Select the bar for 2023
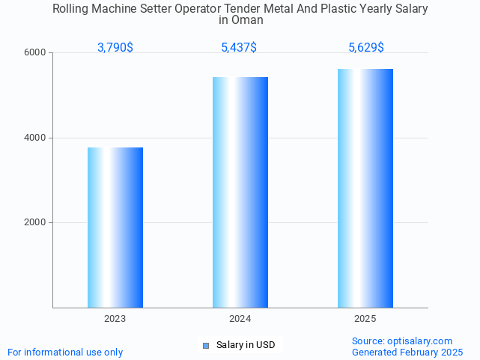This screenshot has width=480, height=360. pyautogui.click(x=115, y=228)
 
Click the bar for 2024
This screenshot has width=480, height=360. pyautogui.click(x=240, y=192)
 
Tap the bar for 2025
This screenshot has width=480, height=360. pyautogui.click(x=365, y=188)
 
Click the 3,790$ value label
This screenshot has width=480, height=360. pyautogui.click(x=115, y=48)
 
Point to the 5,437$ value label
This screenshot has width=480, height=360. pyautogui.click(x=239, y=48)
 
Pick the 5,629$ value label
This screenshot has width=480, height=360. pyautogui.click(x=366, y=48)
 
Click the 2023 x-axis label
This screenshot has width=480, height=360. pyautogui.click(x=115, y=319)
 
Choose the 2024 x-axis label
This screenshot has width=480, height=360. pyautogui.click(x=240, y=319)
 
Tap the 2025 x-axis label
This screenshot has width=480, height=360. pyautogui.click(x=365, y=319)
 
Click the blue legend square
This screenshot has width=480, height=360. pyautogui.click(x=207, y=345)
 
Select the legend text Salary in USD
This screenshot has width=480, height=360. pyautogui.click(x=246, y=345)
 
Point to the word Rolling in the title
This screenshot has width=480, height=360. pyautogui.click(x=73, y=9)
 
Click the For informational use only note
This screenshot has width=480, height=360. pyautogui.click(x=65, y=352)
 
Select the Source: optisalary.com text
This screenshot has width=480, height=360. pyautogui.click(x=402, y=341)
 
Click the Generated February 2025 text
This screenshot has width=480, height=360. pyautogui.click(x=407, y=352)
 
